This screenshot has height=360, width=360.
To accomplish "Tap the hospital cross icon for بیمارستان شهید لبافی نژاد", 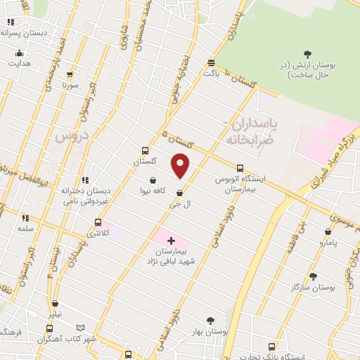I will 171,240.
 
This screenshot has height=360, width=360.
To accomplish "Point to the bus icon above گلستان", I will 145,150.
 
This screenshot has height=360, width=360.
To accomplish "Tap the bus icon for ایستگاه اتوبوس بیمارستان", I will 240,168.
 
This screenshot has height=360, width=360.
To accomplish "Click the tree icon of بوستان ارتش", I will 307,53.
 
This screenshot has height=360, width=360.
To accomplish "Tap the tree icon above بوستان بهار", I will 209,320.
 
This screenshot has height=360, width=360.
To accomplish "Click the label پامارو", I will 326,243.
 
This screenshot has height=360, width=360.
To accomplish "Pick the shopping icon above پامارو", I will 328,231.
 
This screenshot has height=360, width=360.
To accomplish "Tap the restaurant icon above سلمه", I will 25,219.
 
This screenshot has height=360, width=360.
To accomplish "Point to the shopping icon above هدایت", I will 19,53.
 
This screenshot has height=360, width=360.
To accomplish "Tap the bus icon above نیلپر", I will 50,328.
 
